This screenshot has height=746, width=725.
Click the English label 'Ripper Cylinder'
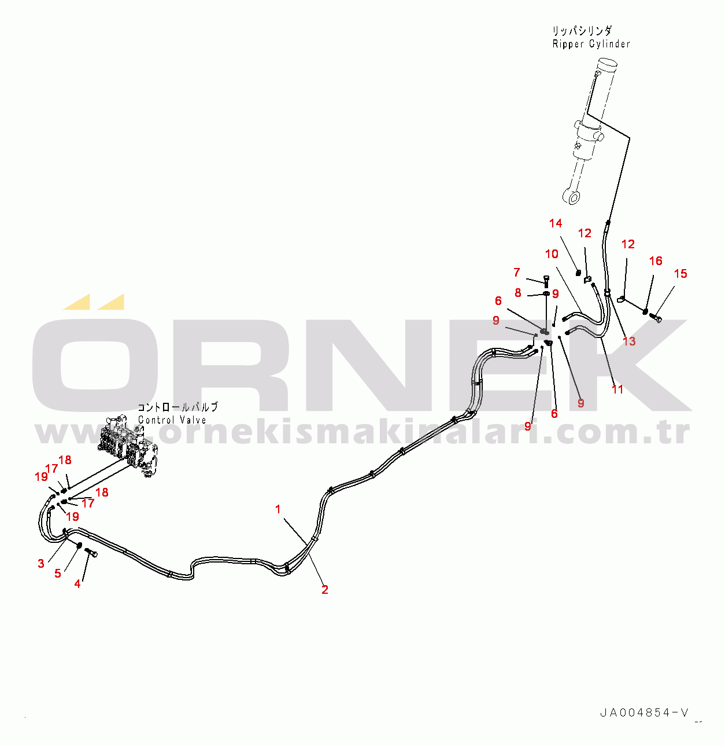[591, 44]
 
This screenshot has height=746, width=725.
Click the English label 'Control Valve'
[172, 420]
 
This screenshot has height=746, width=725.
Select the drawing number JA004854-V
[644, 712]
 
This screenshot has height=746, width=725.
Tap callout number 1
[278, 509]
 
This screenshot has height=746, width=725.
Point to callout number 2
[325, 590]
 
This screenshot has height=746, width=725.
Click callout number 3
[41, 564]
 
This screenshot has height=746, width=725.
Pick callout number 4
[77, 584]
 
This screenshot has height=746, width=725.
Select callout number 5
[58, 574]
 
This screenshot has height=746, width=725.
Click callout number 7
[517, 272]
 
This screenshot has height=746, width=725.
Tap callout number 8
[518, 293]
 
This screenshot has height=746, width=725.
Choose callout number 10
[552, 254]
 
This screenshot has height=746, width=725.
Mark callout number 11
[617, 390]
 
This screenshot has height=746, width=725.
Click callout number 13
[629, 341]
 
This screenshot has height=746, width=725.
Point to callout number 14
[556, 223]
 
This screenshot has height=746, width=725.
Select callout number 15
[680, 274]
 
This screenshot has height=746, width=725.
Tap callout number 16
[656, 261]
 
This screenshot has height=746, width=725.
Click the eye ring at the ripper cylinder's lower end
[574, 198]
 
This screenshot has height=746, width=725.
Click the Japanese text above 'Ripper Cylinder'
[582, 31]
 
